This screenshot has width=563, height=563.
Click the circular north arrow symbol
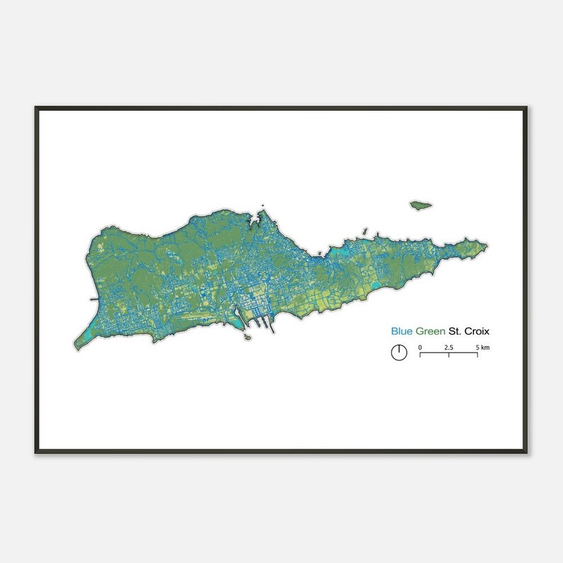399,352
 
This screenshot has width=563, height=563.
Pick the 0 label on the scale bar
420,347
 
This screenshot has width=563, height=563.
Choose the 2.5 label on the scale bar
449,347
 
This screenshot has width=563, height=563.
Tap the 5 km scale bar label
482,347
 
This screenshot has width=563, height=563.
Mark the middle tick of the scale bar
449,353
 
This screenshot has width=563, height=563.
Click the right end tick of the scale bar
477,353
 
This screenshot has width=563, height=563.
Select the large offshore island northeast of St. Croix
420,204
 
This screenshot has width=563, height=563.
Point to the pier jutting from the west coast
94,300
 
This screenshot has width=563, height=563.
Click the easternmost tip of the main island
487,247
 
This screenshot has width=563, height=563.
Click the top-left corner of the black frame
35,108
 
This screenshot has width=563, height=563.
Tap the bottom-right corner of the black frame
527,452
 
